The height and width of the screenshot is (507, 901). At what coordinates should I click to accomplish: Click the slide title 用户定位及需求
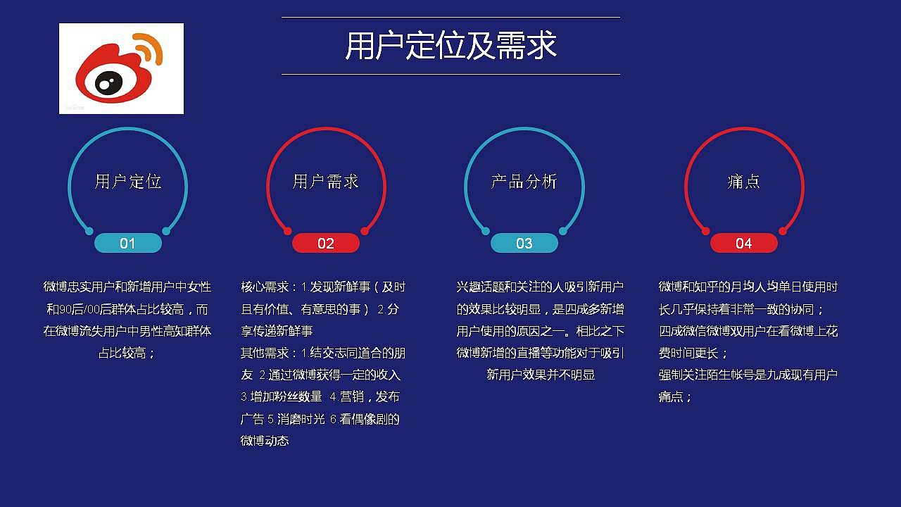point(450,46)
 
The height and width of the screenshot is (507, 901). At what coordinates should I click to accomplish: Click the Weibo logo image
point(121,68)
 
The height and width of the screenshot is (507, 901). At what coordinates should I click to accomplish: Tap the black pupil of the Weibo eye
point(106,85)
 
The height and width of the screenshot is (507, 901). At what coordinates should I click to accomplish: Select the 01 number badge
point(127,244)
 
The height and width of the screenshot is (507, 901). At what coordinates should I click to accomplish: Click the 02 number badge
point(326,244)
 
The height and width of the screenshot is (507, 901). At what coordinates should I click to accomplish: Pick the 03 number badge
point(524,244)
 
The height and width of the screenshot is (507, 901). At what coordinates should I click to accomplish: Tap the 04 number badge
point(744,244)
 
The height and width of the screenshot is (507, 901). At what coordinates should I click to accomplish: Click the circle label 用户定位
point(128,182)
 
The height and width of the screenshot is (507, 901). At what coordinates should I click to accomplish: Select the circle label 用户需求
point(326,182)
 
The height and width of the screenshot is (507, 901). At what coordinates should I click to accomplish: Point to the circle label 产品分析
point(524,182)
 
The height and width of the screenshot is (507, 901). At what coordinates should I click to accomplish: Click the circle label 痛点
point(744,182)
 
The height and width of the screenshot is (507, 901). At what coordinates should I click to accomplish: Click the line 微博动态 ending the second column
point(265,441)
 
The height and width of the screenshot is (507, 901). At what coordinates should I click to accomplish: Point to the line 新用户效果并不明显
point(541,375)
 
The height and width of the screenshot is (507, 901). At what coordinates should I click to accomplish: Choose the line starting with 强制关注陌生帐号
point(748,375)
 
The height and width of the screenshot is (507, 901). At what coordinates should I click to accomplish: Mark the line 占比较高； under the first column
point(127,353)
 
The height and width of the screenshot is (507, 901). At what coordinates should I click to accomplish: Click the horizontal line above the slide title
point(450,17)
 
